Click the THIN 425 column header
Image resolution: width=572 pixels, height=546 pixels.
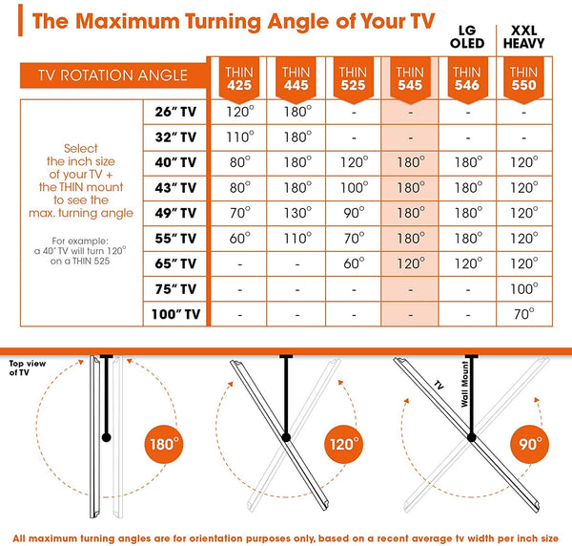coord(239,79)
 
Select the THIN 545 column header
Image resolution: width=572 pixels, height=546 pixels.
coord(409,79)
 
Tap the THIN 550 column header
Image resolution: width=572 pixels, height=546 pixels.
coord(523,79)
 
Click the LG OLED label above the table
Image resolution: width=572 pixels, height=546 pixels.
coord(467,37)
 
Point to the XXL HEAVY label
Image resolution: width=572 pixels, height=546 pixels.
coord(523,37)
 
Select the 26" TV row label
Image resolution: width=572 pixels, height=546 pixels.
coord(175,111)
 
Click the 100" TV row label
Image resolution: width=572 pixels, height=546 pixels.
coord(176,313)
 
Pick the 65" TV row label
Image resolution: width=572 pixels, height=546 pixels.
coord(175,262)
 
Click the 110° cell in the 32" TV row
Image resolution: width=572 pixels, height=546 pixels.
coord(239,136)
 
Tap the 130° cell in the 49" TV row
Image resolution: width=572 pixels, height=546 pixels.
coord(296,212)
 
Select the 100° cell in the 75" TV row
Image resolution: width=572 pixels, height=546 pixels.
coord(523,288)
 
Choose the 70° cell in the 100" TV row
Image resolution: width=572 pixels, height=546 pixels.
coord(523,313)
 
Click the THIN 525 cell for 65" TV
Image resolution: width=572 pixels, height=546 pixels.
coord(353,262)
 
